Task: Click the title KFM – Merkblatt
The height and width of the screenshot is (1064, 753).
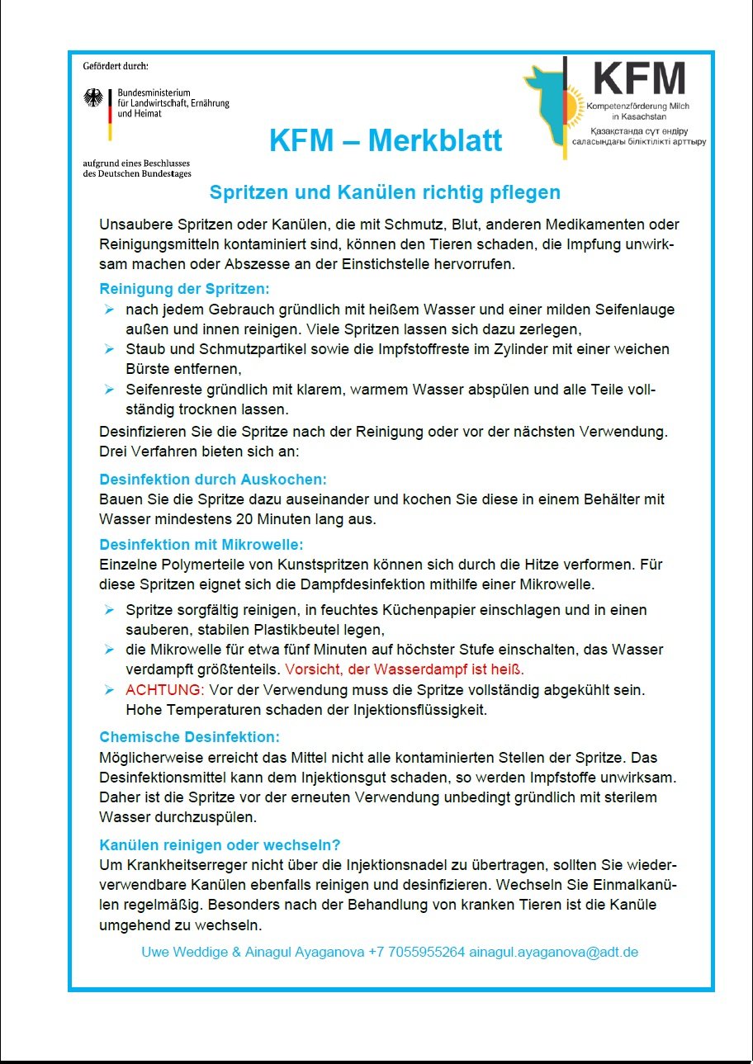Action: [385, 140]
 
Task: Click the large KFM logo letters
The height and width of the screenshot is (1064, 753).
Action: [640, 78]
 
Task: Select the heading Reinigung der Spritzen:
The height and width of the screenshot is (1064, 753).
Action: [185, 289]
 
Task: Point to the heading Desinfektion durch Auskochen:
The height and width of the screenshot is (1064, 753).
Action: [213, 479]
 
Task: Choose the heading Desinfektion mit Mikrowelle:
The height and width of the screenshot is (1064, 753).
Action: [201, 545]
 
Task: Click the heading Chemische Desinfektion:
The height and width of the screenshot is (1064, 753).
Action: [189, 736]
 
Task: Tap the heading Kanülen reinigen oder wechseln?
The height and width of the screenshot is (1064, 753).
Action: [220, 845]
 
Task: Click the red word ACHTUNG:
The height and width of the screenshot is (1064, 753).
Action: [163, 688]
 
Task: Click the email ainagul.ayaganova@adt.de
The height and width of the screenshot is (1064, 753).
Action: [553, 952]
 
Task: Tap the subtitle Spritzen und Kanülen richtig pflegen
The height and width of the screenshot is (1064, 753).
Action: [385, 192]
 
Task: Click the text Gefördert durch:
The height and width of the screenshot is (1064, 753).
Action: [116, 65]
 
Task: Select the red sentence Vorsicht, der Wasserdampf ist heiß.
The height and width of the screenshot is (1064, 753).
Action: [405, 669]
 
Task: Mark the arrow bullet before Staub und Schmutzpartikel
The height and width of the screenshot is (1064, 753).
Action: [109, 349]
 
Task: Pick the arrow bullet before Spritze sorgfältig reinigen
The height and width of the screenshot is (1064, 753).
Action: [109, 610]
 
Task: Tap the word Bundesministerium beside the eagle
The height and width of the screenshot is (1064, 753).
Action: [154, 92]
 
